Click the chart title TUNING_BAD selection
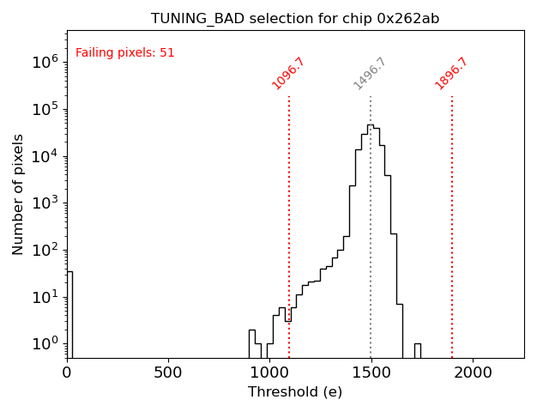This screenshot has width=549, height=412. pos(295,19)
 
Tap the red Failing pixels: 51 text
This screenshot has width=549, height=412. pos(125,53)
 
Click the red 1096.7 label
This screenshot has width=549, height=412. pos(288,73)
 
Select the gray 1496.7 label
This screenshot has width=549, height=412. pos(370,73)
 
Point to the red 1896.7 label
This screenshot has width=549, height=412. pos(451,73)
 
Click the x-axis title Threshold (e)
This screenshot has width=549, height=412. pos(295,392)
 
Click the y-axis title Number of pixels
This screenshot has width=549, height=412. pos(19,194)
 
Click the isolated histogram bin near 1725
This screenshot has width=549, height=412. pos(417,350)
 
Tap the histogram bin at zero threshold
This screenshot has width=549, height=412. pos(69,314)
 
